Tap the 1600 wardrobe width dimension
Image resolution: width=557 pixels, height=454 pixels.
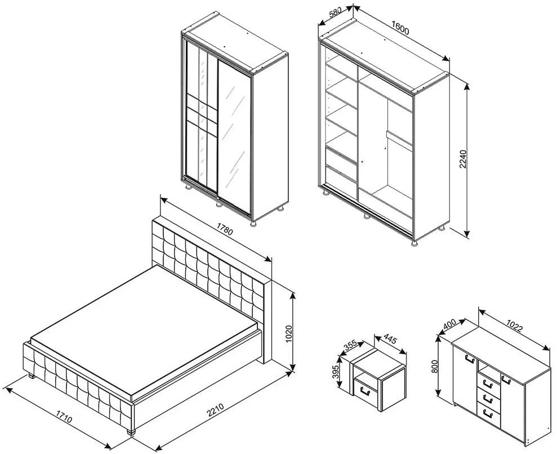[400, 28]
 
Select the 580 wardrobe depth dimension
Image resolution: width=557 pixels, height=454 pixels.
[336, 12]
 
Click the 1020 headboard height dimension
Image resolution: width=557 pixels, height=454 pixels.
[288, 334]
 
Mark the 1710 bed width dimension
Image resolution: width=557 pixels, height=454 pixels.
[64, 416]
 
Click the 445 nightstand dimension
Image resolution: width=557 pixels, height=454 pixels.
[390, 340]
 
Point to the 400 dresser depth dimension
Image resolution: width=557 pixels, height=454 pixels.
[449, 324]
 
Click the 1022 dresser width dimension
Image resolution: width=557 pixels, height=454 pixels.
[514, 325]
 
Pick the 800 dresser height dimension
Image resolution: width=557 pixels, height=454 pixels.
[435, 366]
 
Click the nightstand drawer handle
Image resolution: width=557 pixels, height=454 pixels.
[364, 390]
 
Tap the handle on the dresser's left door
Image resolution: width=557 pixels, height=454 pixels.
[470, 358]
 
